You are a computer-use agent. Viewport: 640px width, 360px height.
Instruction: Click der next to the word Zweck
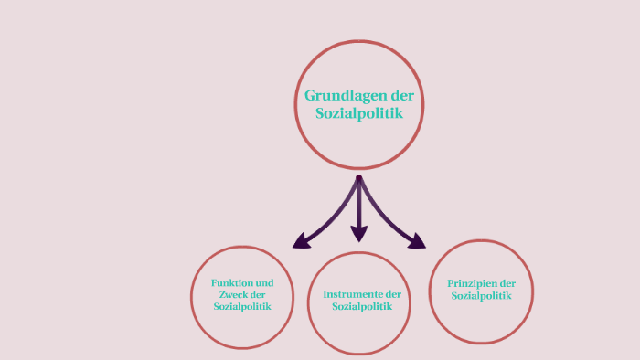click(x=258, y=295)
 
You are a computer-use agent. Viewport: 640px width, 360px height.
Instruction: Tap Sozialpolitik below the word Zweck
click(x=242, y=307)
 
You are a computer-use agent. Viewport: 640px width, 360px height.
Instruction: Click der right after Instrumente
click(x=394, y=294)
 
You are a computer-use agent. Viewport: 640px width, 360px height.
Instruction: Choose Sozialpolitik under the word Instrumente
click(x=362, y=307)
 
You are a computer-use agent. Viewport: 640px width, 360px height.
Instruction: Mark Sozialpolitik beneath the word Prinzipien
click(x=480, y=295)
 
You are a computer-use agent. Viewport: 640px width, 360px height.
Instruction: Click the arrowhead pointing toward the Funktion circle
click(x=299, y=242)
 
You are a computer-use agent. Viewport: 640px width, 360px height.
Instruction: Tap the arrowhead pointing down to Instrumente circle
click(x=359, y=234)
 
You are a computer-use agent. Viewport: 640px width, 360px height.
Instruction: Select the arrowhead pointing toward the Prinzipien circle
click(x=419, y=242)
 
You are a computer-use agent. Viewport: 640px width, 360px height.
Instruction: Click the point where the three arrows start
click(x=359, y=178)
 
